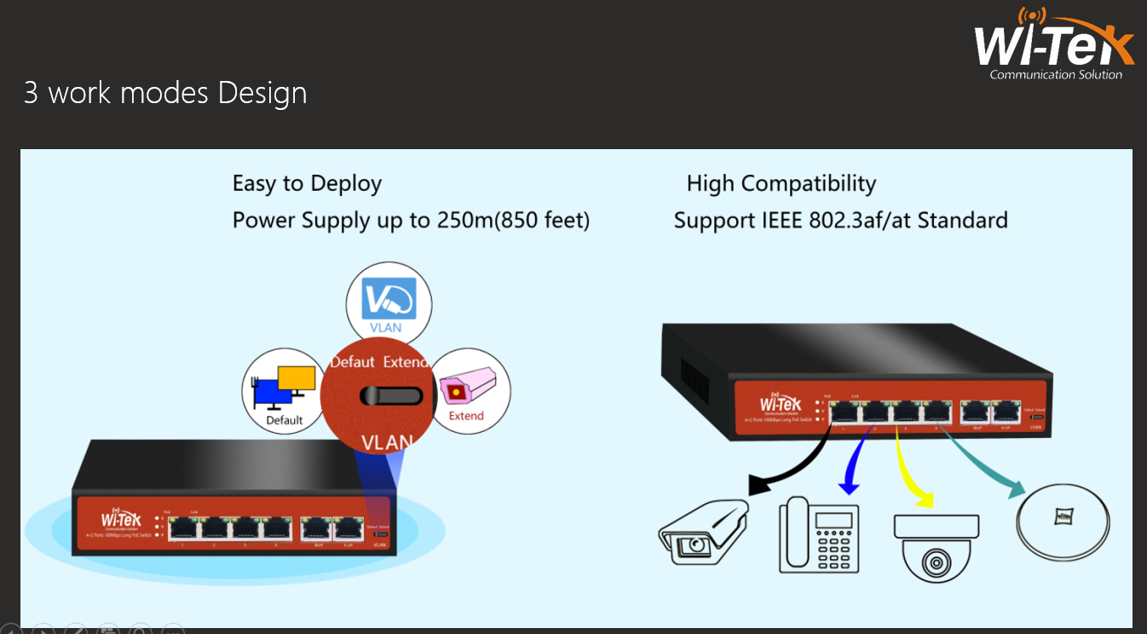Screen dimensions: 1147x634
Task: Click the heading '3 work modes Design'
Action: click(x=165, y=93)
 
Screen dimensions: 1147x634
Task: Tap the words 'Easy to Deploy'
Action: click(x=307, y=183)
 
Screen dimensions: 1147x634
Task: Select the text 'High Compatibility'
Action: click(x=781, y=183)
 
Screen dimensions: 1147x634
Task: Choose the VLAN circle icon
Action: click(x=389, y=304)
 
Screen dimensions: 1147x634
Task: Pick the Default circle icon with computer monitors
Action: click(x=285, y=391)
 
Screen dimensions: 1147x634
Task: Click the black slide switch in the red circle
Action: click(x=390, y=396)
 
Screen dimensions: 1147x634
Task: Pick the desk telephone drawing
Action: click(x=818, y=534)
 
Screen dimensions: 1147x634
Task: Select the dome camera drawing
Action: click(x=936, y=545)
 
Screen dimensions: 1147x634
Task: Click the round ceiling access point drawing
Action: click(x=1063, y=516)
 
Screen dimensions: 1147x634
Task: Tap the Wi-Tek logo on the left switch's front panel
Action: click(x=121, y=520)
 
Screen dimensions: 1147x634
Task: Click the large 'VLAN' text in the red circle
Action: click(x=387, y=442)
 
